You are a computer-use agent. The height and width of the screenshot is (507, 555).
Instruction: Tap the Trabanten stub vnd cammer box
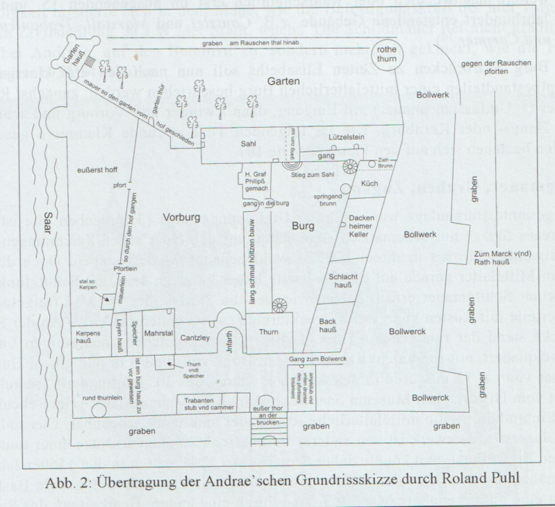pos(202,404)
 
